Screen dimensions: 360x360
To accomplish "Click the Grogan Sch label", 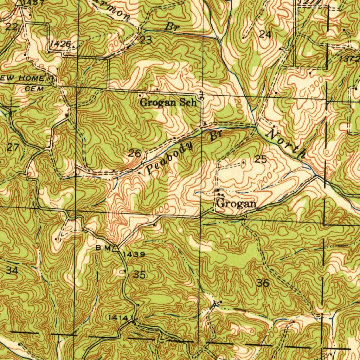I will coord(168,103).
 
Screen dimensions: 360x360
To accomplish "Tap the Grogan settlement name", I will coord(236,204).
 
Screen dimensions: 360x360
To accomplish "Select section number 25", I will coord(261,159).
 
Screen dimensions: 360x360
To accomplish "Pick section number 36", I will coord(263,283).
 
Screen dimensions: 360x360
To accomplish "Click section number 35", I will coord(140,275).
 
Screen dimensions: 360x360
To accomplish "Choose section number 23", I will coord(146,40).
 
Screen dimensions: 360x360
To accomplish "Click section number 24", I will coord(265,34).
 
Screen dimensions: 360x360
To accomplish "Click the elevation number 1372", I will coord(349,59).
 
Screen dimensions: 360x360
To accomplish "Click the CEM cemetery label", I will coord(34,89).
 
